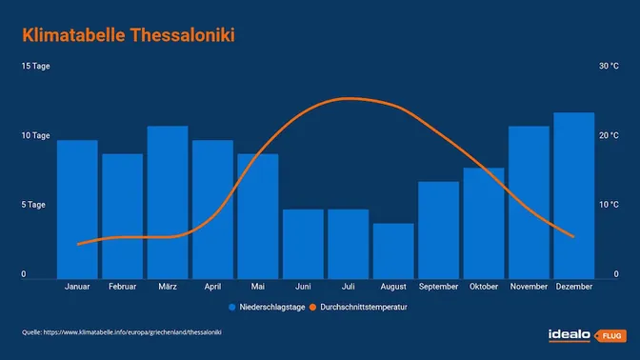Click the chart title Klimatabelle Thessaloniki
coord(128,36)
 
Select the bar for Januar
coord(77,210)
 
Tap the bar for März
coord(168,202)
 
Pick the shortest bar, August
coord(393,251)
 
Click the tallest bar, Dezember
coord(574,195)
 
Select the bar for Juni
coord(303,244)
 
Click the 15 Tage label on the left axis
coord(35,67)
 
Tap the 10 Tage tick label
coord(35,136)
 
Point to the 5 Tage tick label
coord(35,206)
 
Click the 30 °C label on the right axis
coord(608,67)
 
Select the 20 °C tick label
coord(608,136)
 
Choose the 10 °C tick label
coord(608,206)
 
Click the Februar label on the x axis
coord(122,287)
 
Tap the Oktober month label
coord(484,287)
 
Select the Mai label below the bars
coord(258,287)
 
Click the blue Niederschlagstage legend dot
coord(232,308)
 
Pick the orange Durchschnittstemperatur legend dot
coord(314,308)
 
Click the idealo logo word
coord(570,334)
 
